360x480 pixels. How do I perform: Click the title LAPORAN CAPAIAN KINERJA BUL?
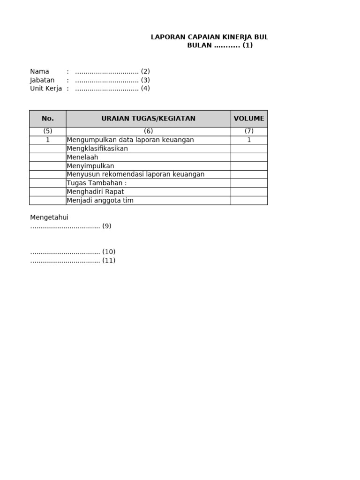click(x=209, y=37)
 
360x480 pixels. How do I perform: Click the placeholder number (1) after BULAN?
click(x=247, y=45)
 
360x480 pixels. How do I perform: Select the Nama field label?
click(x=39, y=72)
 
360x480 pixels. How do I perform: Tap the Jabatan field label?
click(x=42, y=80)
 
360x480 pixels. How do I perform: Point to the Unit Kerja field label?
click(x=46, y=89)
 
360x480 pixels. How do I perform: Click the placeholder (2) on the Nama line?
click(x=145, y=72)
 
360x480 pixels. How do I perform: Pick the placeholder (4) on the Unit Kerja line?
click(x=145, y=89)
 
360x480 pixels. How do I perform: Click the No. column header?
click(x=48, y=119)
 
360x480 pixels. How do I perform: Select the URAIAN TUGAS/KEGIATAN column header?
click(x=148, y=119)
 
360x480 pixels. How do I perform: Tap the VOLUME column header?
click(x=249, y=119)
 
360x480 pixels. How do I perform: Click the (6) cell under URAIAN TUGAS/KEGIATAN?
click(x=148, y=131)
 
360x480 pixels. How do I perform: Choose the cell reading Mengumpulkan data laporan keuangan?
click(x=130, y=140)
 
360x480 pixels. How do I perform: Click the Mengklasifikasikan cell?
click(x=97, y=149)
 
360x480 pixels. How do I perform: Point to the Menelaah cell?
click(x=82, y=157)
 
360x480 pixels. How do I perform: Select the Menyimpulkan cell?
click(x=90, y=166)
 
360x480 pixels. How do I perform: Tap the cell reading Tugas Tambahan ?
click(x=97, y=183)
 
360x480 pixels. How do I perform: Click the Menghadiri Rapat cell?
click(x=96, y=192)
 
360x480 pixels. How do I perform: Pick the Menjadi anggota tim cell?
click(x=100, y=201)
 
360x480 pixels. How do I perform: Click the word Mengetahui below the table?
click(x=49, y=217)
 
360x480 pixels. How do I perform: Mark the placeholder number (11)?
click(x=109, y=261)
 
